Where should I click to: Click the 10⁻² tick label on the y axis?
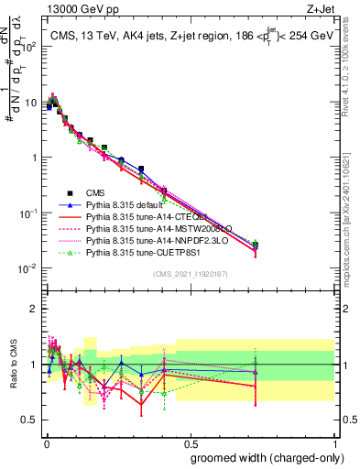[x=27, y=268]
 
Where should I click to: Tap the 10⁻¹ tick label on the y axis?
[x=27, y=213]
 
